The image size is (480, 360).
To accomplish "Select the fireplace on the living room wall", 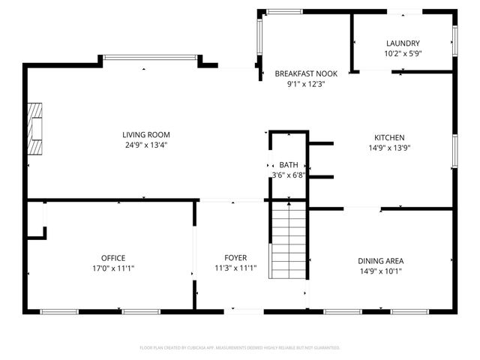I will tap(34, 128).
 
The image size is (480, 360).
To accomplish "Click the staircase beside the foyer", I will tap(289, 240).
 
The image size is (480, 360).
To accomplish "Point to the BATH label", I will tap(289, 165).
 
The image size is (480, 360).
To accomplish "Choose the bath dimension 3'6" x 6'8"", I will tap(289, 175).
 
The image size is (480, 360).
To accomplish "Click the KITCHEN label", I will tap(389, 137).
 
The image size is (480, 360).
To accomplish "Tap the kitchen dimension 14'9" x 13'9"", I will tap(389, 148).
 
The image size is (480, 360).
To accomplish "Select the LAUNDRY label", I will tap(403, 43).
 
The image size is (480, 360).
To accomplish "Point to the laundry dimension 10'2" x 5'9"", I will tap(403, 54).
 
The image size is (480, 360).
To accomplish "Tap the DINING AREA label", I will tap(380, 261).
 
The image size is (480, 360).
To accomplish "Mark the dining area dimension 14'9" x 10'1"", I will tap(380, 271).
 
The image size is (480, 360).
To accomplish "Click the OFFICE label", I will tap(113, 258).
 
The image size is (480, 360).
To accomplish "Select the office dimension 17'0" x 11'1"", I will tap(113, 268).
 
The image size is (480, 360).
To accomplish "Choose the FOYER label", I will tap(235, 258).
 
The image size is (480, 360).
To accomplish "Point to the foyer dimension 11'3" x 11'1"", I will tap(235, 268).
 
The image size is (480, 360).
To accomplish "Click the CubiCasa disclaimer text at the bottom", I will tap(240, 348).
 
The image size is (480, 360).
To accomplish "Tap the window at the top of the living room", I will tap(150, 56).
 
